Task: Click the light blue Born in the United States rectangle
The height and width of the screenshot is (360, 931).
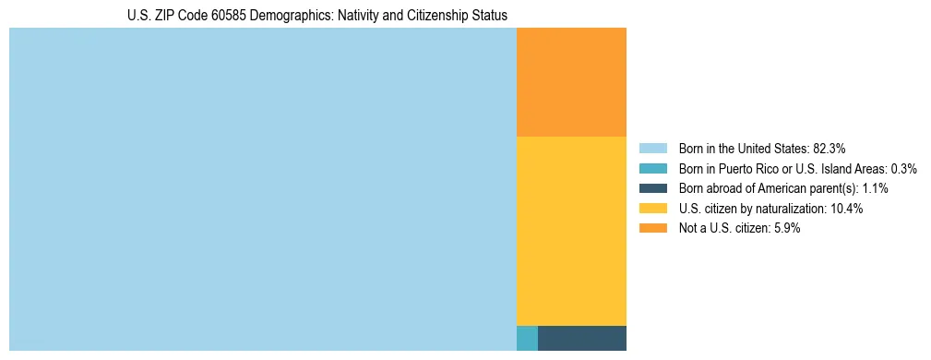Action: pyautogui.click(x=262, y=189)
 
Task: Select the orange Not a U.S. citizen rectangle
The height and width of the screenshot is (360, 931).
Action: pyautogui.click(x=571, y=82)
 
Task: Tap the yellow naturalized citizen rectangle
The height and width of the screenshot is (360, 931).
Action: pyautogui.click(x=571, y=231)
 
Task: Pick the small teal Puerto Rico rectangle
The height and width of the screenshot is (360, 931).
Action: pyautogui.click(x=527, y=338)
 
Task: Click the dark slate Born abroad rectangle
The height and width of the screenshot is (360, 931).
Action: pyautogui.click(x=581, y=338)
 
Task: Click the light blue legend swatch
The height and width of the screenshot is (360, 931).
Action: pyautogui.click(x=652, y=148)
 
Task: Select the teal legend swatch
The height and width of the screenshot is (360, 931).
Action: pyautogui.click(x=652, y=168)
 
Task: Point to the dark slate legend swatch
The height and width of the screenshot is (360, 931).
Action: pyautogui.click(x=652, y=188)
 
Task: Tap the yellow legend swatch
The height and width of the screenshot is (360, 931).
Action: pyautogui.click(x=652, y=209)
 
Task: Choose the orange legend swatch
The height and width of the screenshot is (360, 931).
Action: pyautogui.click(x=652, y=229)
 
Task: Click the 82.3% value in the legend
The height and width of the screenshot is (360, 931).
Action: pyautogui.click(x=829, y=148)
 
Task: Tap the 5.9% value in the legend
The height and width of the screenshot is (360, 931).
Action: pyautogui.click(x=786, y=229)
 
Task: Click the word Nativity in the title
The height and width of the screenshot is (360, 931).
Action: pyautogui.click(x=364, y=16)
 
